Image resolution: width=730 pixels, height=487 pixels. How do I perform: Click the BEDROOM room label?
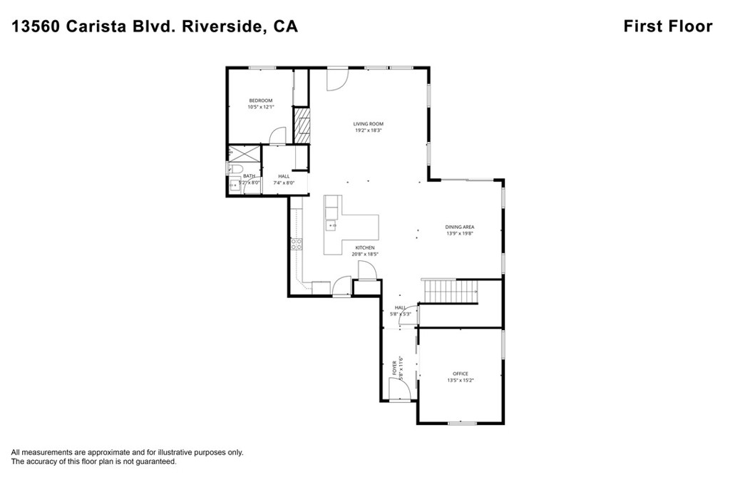pyautogui.click(x=260, y=101)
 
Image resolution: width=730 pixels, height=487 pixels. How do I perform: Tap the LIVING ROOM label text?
pyautogui.click(x=368, y=124)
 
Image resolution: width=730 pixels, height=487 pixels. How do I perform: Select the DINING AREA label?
pyautogui.click(x=460, y=227)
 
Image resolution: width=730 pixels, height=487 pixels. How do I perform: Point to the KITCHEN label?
pyautogui.click(x=364, y=247)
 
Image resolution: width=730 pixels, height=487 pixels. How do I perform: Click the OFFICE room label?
pyautogui.click(x=460, y=374)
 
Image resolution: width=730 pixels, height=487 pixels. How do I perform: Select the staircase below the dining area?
pyautogui.click(x=450, y=291)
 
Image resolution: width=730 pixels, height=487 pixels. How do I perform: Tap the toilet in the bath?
pyautogui.click(x=232, y=168)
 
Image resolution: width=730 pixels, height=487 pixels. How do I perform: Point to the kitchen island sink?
pyautogui.click(x=331, y=226)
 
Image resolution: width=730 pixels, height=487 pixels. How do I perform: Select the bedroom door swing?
pyautogui.click(x=278, y=136)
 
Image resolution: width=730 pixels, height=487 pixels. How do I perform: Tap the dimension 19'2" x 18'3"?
pyautogui.click(x=368, y=130)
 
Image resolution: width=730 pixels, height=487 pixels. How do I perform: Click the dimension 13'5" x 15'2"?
pyautogui.click(x=460, y=380)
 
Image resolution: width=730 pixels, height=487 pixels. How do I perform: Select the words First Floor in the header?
pyautogui.click(x=667, y=26)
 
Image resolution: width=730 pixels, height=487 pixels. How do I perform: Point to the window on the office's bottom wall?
pyautogui.click(x=461, y=424)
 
